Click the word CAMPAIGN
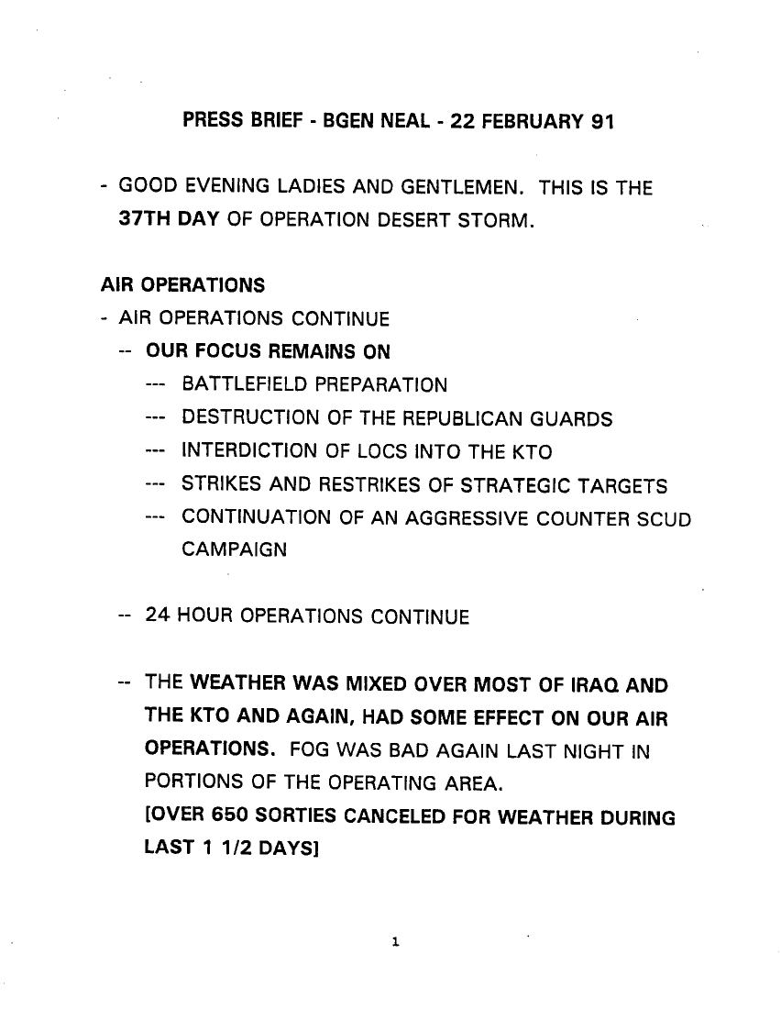click(x=234, y=550)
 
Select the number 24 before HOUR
click(x=157, y=616)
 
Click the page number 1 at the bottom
click(x=391, y=941)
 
